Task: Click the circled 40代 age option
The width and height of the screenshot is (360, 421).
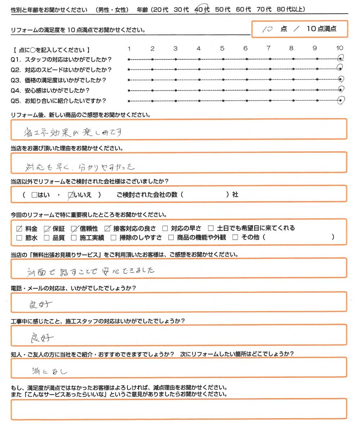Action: coord(202,10)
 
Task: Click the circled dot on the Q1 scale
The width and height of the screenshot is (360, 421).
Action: coord(340,58)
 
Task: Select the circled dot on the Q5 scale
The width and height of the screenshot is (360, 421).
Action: coord(340,101)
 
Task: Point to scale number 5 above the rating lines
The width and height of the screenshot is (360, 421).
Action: coord(222,48)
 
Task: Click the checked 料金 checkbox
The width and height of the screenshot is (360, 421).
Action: coord(20,228)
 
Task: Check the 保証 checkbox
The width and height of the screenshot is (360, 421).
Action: coord(46,228)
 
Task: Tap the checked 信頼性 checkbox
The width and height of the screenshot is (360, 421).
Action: coord(74,228)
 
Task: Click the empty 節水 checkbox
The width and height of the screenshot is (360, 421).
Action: coord(20,237)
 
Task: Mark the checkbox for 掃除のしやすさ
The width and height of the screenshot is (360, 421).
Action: coord(113,237)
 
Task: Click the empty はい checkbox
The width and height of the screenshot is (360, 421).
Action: coord(34,195)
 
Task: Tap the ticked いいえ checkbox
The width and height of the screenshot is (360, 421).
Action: coord(71,195)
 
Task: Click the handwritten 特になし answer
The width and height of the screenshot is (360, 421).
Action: coord(49,370)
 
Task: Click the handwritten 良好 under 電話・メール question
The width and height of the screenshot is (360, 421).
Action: coord(41,304)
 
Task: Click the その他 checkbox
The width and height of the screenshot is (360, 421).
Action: coord(235,237)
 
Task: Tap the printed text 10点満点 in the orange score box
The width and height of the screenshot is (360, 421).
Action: coord(321,29)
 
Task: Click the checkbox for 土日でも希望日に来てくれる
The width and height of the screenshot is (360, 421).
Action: coord(211,228)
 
